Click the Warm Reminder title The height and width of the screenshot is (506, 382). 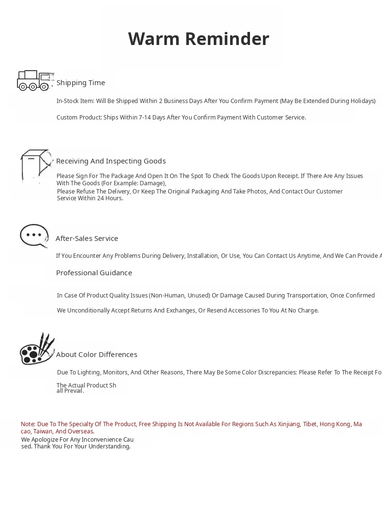[198, 39]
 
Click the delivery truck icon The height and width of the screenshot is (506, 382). [34, 80]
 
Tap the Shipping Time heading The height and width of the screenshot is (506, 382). [81, 83]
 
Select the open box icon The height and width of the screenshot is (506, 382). [36, 165]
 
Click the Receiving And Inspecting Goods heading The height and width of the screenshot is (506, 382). [111, 161]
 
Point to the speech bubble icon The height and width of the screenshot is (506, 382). [34, 236]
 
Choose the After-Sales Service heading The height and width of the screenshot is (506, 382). [87, 238]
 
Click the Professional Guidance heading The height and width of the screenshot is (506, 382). [94, 273]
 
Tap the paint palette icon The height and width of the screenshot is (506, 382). [36, 349]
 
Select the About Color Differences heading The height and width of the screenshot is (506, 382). [97, 355]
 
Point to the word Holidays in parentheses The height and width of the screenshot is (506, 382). [361, 101]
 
